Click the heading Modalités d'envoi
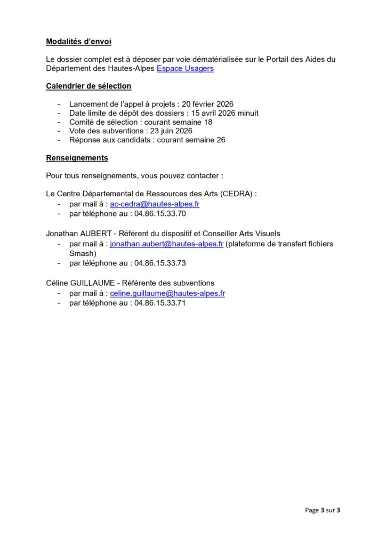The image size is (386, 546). (x=79, y=42)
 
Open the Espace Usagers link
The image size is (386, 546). (x=185, y=69)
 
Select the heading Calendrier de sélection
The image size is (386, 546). (x=89, y=86)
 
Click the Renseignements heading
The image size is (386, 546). (x=77, y=158)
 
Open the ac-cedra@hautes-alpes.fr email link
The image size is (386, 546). (x=155, y=204)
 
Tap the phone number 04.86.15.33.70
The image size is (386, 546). (x=160, y=213)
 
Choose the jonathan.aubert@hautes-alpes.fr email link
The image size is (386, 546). (x=166, y=244)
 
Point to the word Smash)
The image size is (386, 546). (x=83, y=253)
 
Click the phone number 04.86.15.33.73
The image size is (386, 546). (x=160, y=263)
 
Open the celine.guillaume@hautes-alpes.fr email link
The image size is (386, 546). (x=167, y=293)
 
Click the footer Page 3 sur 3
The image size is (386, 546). (x=323, y=510)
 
